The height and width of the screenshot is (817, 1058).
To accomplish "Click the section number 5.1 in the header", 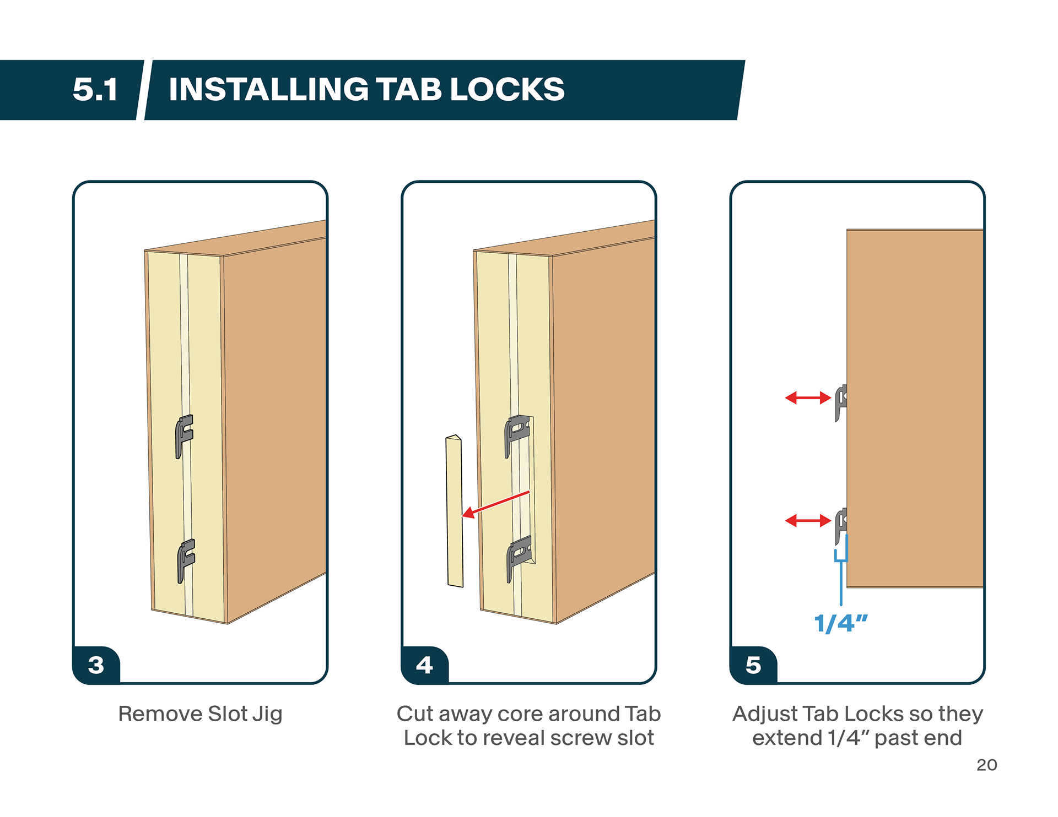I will tap(95, 89).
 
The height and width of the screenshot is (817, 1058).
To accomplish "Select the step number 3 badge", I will tap(96, 665).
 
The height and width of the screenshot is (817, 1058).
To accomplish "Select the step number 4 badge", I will tap(424, 665).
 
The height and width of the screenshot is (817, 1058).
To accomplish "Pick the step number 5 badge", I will tap(753, 665).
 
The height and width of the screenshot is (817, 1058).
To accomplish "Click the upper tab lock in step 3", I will tap(184, 435).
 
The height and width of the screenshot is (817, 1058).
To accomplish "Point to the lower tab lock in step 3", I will tap(186, 559).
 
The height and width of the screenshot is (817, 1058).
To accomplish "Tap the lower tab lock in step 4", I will tap(519, 557).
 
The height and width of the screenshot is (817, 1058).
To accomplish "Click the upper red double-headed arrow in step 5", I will tap(808, 397).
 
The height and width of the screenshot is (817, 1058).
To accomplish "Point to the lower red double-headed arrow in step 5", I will tap(808, 520).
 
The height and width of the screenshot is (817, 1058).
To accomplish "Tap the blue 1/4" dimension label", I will tap(841, 623).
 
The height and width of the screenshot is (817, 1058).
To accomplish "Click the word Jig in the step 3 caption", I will tap(267, 714).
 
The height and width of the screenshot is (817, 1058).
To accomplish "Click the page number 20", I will tap(986, 765).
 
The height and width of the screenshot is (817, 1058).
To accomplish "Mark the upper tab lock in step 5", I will tap(841, 402).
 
